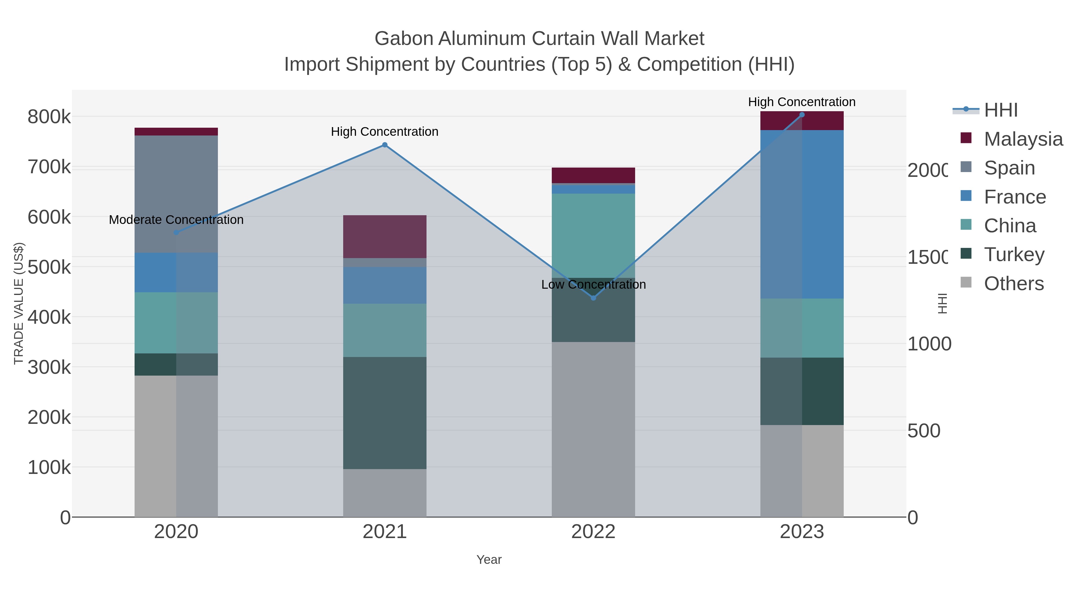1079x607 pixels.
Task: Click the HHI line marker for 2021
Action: [x=385, y=145]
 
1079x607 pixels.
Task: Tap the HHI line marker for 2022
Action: [x=593, y=298]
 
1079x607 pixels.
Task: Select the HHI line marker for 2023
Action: [x=802, y=115]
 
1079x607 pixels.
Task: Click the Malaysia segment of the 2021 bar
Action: [x=385, y=237]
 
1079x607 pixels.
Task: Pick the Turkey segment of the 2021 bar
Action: [x=385, y=413]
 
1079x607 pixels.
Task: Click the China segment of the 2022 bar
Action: [x=593, y=235]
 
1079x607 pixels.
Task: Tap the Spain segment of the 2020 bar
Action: [x=176, y=194]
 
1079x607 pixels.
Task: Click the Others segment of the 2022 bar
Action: [x=593, y=429]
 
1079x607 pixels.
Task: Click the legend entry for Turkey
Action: [x=1014, y=255]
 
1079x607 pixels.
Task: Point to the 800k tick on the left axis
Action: [x=49, y=117]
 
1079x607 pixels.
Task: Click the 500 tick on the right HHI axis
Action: [x=924, y=431]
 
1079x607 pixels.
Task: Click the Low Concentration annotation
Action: [x=593, y=285]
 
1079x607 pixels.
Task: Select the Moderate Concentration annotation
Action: [x=176, y=220]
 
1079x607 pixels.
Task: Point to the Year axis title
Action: [x=489, y=560]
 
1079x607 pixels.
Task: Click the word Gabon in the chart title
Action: [x=403, y=39]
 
